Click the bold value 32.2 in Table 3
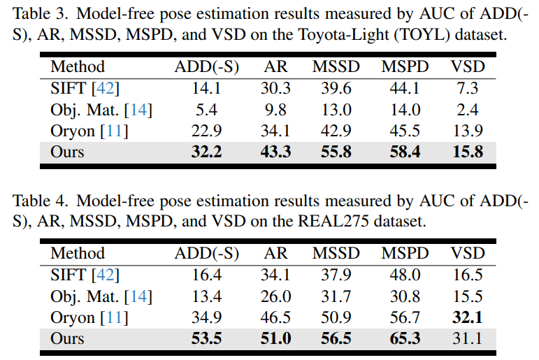coord(206,152)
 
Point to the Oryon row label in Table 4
coord(72,317)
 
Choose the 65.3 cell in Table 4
coord(405,339)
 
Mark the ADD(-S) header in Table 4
coord(206,254)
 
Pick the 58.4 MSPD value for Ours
coord(405,152)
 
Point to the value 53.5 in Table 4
coord(206,339)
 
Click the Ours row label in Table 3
coord(67,152)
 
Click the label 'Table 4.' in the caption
coord(39,201)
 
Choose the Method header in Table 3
coord(78,67)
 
